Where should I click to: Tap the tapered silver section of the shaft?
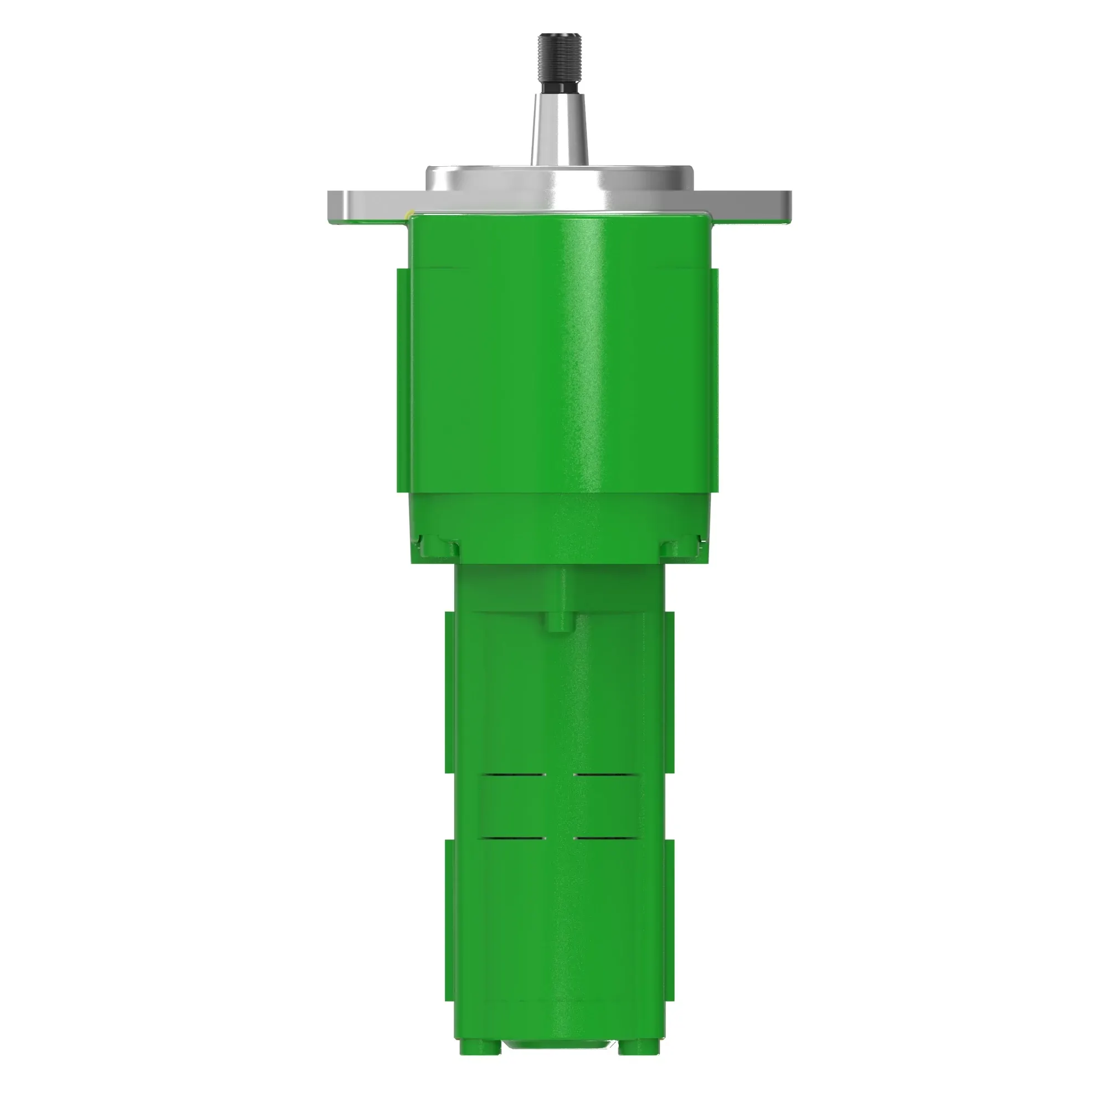pos(559,129)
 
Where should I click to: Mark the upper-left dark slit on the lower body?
pos(514,776)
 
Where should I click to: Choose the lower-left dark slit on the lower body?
pos(514,838)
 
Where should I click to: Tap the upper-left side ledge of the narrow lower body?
pos(450,691)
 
